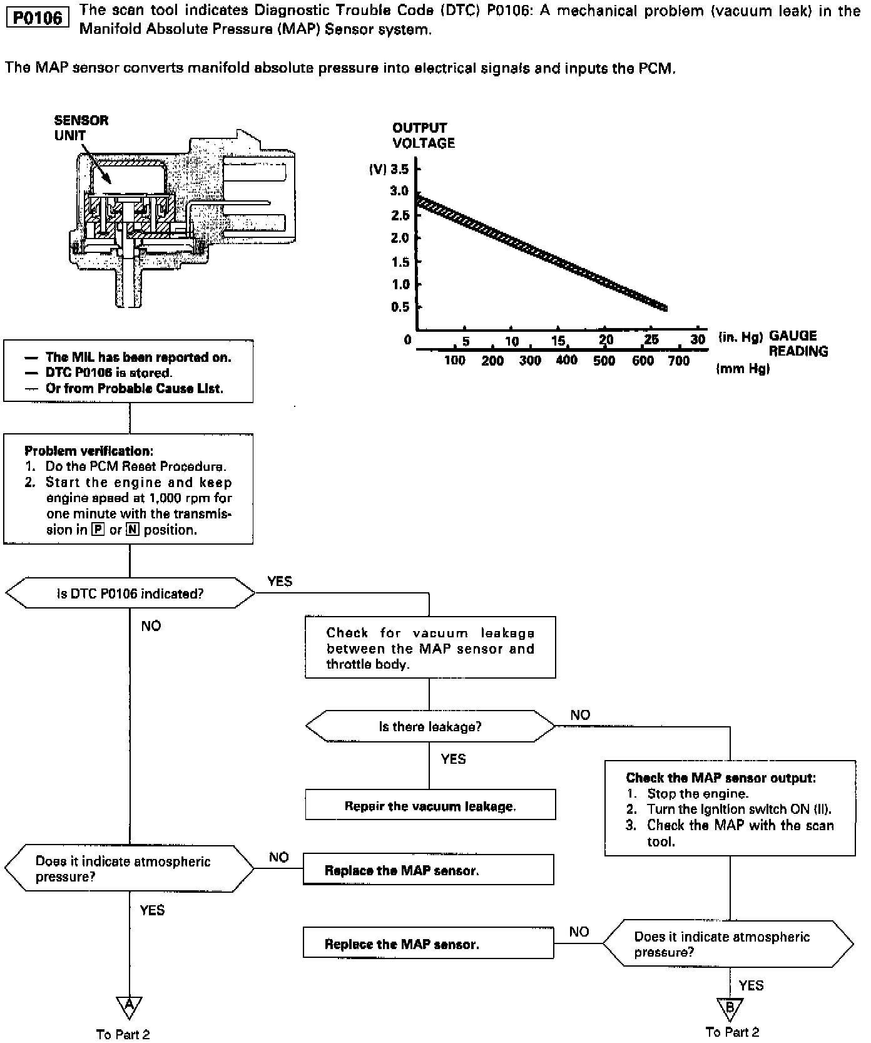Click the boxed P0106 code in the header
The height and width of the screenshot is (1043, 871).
coord(38,18)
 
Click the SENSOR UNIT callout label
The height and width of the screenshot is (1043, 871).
coord(81,128)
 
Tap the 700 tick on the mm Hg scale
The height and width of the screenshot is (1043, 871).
coord(679,361)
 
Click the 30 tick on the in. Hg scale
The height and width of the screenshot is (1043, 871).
coord(698,339)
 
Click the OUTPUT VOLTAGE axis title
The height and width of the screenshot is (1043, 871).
coord(423,135)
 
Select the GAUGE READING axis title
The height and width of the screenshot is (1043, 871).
coord(798,343)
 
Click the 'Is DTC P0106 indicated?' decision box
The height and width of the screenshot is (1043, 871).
coord(130,593)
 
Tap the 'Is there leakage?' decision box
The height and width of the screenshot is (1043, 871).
coord(430,727)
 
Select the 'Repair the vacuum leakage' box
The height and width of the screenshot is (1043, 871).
coord(430,806)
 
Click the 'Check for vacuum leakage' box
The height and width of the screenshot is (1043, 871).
coord(430,649)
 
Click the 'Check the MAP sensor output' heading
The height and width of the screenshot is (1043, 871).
coord(721,778)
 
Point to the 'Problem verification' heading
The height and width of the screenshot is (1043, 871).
coord(88,451)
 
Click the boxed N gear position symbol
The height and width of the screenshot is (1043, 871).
coord(132,530)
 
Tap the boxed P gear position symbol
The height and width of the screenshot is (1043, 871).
coord(98,530)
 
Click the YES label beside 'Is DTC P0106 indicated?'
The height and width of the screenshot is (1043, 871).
coord(280,581)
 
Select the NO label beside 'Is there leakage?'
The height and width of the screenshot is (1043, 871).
coord(580,715)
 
